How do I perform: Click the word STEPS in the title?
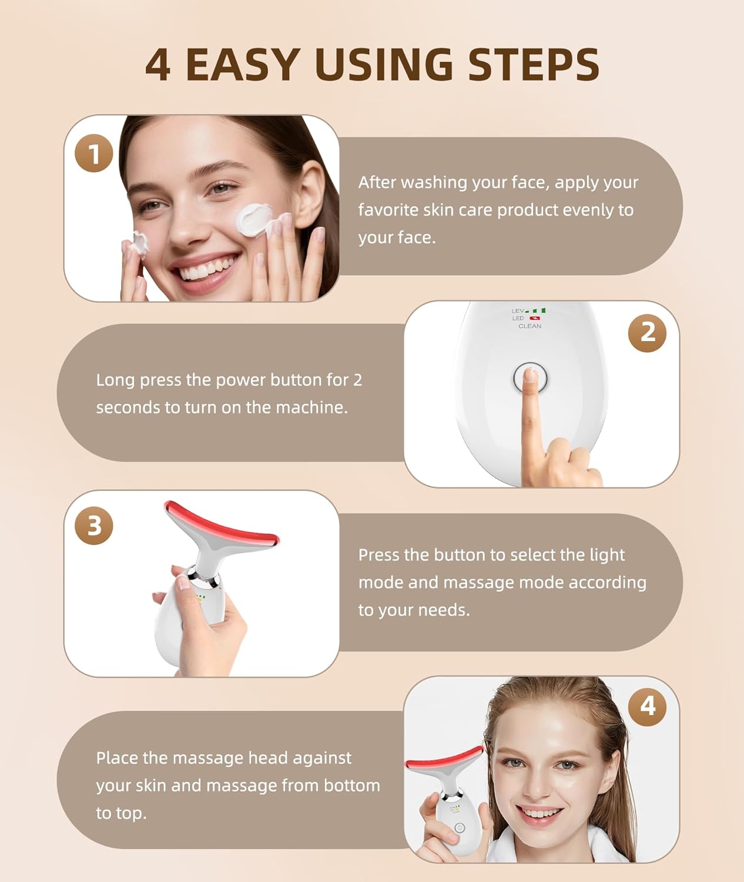[x=534, y=65]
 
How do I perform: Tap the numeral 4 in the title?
[x=157, y=65]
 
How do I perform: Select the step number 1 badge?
[x=94, y=153]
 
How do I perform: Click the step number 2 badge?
[x=647, y=333]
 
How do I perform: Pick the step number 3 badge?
[x=94, y=525]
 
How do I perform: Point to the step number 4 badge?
[x=647, y=706]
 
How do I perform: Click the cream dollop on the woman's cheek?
[x=253, y=219]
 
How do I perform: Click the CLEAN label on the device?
[x=529, y=326]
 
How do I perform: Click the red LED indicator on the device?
[x=534, y=318]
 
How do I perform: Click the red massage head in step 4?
[x=444, y=759]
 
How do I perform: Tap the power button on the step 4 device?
[x=460, y=828]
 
